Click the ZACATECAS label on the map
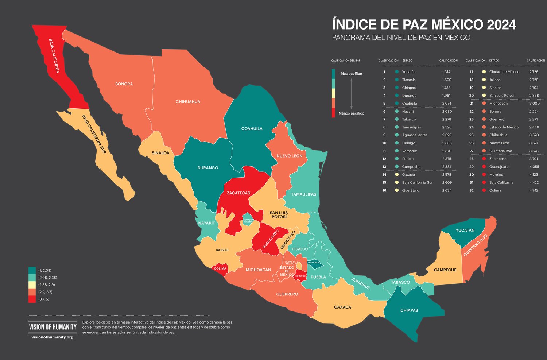pos(238,193)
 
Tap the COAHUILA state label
pos(252,129)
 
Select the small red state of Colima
pos(220,268)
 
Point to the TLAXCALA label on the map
pos(313,262)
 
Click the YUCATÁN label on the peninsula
pos(465,230)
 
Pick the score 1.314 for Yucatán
pos(446,72)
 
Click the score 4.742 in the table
pos(534,190)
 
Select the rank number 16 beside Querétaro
pos(384,190)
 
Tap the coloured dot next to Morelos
pos(484,175)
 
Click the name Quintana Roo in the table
pos(500,151)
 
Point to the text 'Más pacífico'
pos(351,74)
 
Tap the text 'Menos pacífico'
pos(351,113)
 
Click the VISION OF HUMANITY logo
pos(53,327)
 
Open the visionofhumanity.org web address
pos(53,337)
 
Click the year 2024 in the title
pos(501,25)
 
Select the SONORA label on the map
pos(124,84)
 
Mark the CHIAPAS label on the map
pos(409,310)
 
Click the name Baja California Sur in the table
pos(417,183)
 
